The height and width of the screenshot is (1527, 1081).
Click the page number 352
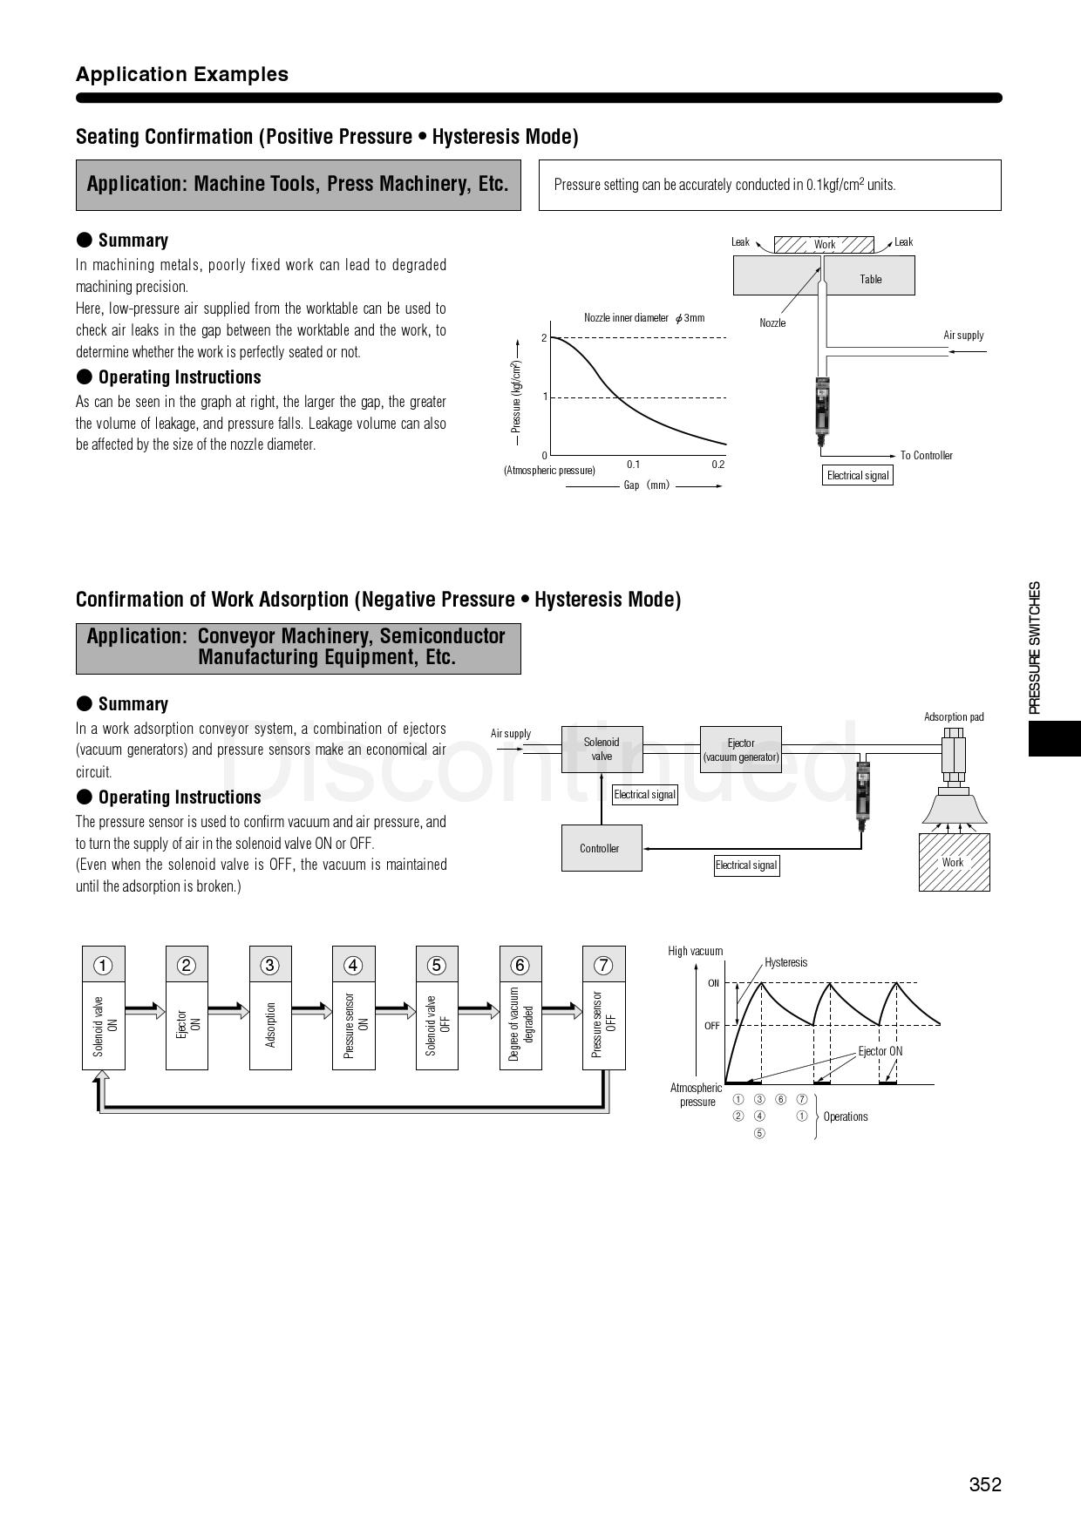[x=985, y=1484]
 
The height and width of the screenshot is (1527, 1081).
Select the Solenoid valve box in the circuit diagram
[x=602, y=750]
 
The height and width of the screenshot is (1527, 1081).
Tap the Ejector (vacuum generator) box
[x=741, y=750]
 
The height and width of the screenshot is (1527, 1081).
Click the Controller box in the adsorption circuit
[x=601, y=848]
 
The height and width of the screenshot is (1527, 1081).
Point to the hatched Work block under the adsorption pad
[x=954, y=863]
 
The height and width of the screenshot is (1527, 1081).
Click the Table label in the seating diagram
[x=871, y=280]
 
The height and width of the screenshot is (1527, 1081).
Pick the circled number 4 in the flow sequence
[x=353, y=965]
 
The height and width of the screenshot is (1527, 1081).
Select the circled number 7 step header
[x=603, y=965]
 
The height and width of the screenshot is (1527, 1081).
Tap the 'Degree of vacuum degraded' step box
[x=520, y=1024]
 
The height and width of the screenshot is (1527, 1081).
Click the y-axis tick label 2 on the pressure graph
[x=544, y=338]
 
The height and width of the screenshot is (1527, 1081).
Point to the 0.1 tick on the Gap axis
[x=633, y=465]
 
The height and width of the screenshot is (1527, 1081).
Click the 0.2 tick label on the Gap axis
[x=717, y=465]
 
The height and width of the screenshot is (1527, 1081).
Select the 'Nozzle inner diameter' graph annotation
[x=644, y=318]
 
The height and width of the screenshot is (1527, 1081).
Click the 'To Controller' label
[x=926, y=456]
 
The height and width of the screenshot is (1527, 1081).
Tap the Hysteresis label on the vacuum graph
[x=785, y=962]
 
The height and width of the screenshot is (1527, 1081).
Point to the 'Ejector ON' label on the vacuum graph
[x=880, y=1051]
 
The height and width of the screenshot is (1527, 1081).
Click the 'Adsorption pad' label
[x=954, y=717]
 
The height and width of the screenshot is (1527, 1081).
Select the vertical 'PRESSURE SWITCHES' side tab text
[x=1035, y=648]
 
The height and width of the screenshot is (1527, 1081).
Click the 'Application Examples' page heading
[x=182, y=74]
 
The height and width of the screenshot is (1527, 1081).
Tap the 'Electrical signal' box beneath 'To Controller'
[x=858, y=476]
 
